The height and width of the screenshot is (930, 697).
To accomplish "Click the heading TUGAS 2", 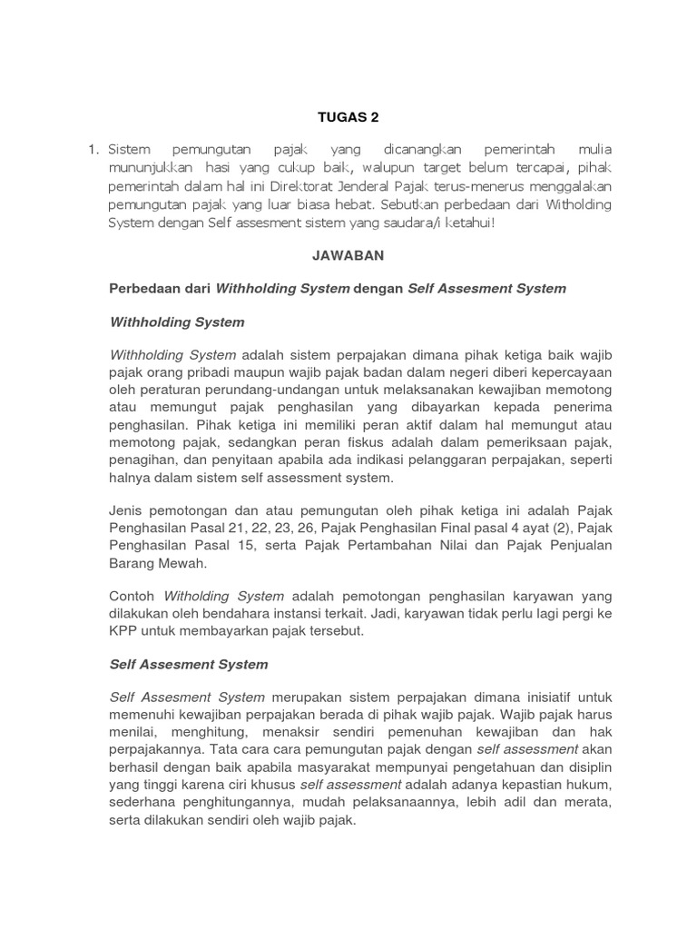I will click(348, 117).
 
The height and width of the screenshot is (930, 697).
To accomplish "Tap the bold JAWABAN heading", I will click(348, 256).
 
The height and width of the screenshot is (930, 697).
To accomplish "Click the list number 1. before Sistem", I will click(94, 149).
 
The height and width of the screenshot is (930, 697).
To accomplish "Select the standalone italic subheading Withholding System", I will click(176, 322).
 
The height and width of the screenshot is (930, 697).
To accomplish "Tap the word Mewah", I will click(182, 562).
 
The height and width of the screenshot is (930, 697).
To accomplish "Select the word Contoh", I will click(133, 597).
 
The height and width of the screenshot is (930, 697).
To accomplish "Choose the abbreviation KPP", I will click(124, 631).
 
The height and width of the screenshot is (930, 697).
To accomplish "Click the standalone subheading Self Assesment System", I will click(188, 664).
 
